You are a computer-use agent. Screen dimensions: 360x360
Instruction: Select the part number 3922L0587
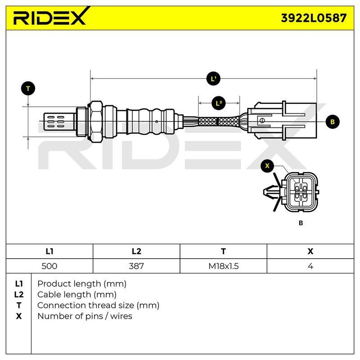pyautogui.click(x=314, y=18)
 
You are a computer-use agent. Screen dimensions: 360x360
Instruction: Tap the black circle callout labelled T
pyautogui.click(x=28, y=88)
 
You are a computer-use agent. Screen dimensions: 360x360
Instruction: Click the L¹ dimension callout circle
pyautogui.click(x=213, y=79)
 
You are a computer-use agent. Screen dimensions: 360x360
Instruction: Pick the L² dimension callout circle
pyautogui.click(x=219, y=103)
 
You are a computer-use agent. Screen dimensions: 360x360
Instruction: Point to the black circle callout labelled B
pyautogui.click(x=333, y=121)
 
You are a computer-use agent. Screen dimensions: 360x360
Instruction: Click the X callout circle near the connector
pyautogui.click(x=267, y=166)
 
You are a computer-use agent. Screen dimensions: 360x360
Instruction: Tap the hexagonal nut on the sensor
pyautogui.click(x=96, y=121)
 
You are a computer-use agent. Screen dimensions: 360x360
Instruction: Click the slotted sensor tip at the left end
pyautogui.click(x=59, y=121)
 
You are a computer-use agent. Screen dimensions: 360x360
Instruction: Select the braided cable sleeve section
pyautogui.click(x=219, y=121)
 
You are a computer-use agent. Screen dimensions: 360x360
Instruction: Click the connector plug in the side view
pyautogui.click(x=282, y=121)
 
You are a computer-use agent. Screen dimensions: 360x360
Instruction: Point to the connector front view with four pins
pyautogui.click(x=291, y=191)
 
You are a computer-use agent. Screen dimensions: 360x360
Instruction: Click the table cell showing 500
pyautogui.click(x=49, y=266)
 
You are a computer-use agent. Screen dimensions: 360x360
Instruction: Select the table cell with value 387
pyautogui.click(x=136, y=266)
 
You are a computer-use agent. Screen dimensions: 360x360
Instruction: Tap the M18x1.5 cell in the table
pyautogui.click(x=223, y=266)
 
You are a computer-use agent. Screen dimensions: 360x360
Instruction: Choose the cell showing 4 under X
pyautogui.click(x=310, y=266)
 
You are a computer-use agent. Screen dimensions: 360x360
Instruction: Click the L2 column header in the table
pyautogui.click(x=136, y=251)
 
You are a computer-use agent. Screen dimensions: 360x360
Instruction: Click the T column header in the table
pyautogui.click(x=223, y=251)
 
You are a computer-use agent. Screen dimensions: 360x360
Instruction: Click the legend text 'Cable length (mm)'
pyautogui.click(x=77, y=295)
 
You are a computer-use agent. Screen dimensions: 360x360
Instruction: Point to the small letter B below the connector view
pyautogui.click(x=301, y=223)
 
